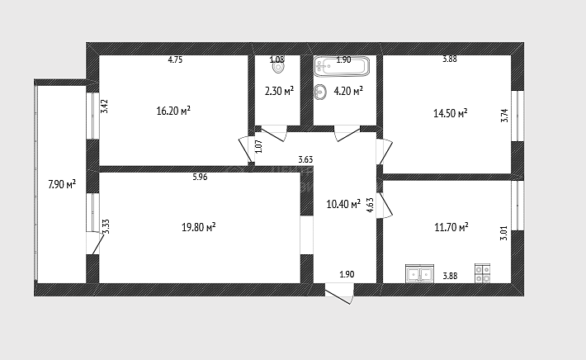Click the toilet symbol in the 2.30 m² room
coord(278,66)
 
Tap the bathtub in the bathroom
coord(342,66)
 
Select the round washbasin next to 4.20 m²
coord(320,92)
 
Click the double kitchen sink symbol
coord(419,273)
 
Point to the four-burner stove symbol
coord(483,273)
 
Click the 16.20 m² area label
coord(173,111)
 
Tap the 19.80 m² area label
coord(198,227)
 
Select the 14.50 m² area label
coord(451,113)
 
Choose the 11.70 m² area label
coord(451,227)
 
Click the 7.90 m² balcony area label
coord(62,184)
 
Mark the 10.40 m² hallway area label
coord(343,204)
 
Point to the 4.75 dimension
coord(175,59)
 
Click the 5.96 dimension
coord(200,177)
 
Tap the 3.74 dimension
coord(504,116)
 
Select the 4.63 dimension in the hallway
coord(370,205)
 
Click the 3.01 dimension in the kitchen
coord(503,233)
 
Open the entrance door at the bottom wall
coord(339,294)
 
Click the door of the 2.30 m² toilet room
coord(273,134)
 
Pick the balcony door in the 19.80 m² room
coord(94,244)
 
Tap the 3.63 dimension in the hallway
coord(305,159)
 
